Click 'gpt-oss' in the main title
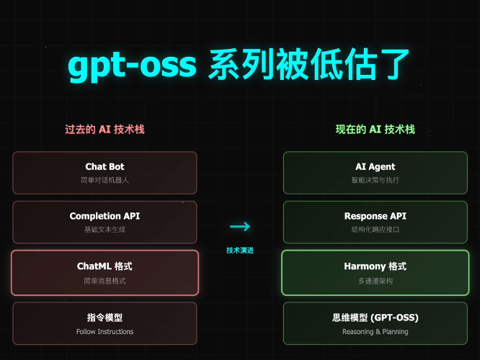coord(132,66)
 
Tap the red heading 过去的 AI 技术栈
coord(105,130)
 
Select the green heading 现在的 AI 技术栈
coord(375,130)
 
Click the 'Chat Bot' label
coord(105,167)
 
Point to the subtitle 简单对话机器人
coord(105,180)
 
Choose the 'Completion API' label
coord(105,216)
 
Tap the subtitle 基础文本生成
coord(105,230)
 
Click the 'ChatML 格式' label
coord(105,266)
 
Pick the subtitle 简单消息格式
coord(105,281)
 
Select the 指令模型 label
coord(105,318)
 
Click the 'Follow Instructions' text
coord(105,331)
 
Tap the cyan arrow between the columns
coord(240,226)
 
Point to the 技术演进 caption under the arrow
coord(240,251)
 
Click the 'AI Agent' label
coord(375,167)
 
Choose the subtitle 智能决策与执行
coord(375,180)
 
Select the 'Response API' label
coord(375,216)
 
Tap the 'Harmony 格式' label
coord(375,266)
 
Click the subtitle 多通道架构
coord(375,281)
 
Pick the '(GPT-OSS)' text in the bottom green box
coord(394,318)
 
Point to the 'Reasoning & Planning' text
coord(375,331)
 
